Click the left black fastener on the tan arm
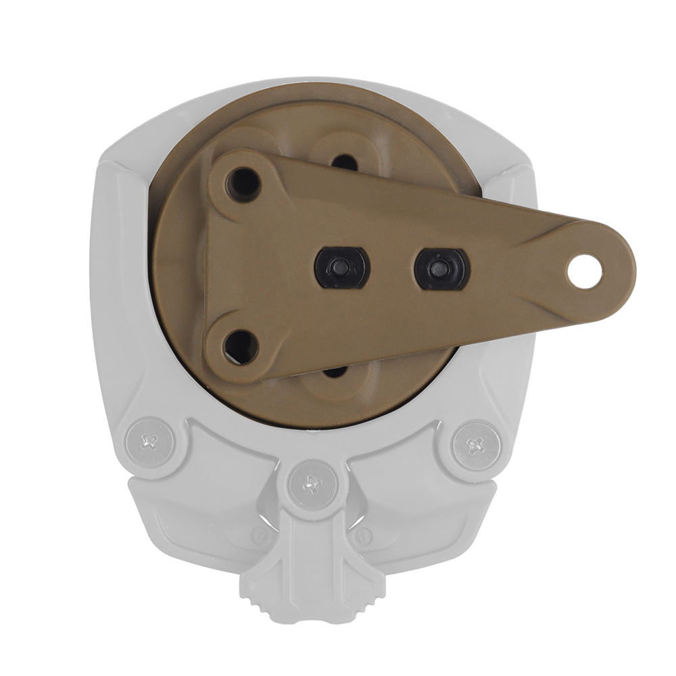point(342,268)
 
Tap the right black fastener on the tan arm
point(442,269)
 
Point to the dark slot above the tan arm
point(345,162)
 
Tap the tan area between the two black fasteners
point(392,268)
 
